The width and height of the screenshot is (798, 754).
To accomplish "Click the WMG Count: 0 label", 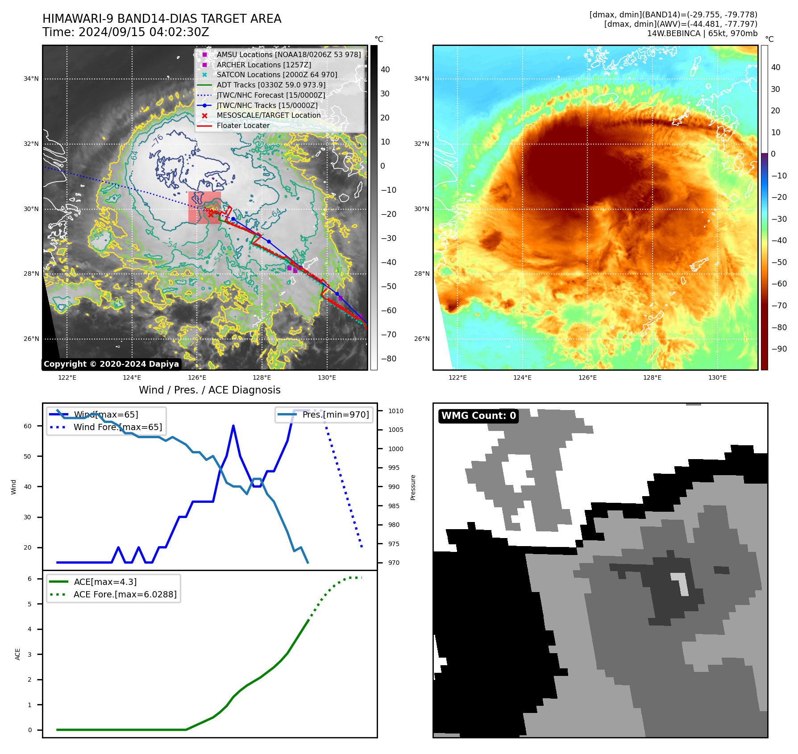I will tap(478, 416).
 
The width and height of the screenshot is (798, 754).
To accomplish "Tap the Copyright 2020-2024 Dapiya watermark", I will tap(111, 364).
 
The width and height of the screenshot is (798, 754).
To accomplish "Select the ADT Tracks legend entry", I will tap(270, 85).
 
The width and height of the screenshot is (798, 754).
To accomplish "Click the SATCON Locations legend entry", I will tap(276, 75).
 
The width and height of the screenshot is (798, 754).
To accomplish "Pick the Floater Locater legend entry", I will tap(243, 125).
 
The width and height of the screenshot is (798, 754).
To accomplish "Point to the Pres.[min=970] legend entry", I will tap(335, 414).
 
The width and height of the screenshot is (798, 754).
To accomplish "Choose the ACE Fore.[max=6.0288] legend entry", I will tap(125, 594).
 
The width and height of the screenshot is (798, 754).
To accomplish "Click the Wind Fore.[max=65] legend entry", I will tap(117, 427).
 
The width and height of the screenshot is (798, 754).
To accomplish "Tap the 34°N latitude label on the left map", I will tap(31, 79).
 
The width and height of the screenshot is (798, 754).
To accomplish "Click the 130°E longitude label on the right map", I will tap(717, 377).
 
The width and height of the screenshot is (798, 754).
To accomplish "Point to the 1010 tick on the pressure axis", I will tap(395, 411).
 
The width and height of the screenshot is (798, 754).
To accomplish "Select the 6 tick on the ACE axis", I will tap(29, 579).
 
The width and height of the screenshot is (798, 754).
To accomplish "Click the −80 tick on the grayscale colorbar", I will tap(388, 359).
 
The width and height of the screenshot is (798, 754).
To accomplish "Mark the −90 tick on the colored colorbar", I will tap(779, 349).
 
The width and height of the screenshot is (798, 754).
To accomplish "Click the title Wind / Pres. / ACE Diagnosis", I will tap(209, 390).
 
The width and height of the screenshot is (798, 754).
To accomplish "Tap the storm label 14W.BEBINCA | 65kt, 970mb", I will tap(702, 33).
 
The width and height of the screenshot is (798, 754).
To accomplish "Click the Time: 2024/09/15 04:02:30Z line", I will tap(125, 32).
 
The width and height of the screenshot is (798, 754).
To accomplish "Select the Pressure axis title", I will tap(413, 487).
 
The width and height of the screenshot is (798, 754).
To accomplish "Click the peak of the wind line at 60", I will tap(233, 426).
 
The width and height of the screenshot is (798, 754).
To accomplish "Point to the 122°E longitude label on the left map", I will tap(67, 377).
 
